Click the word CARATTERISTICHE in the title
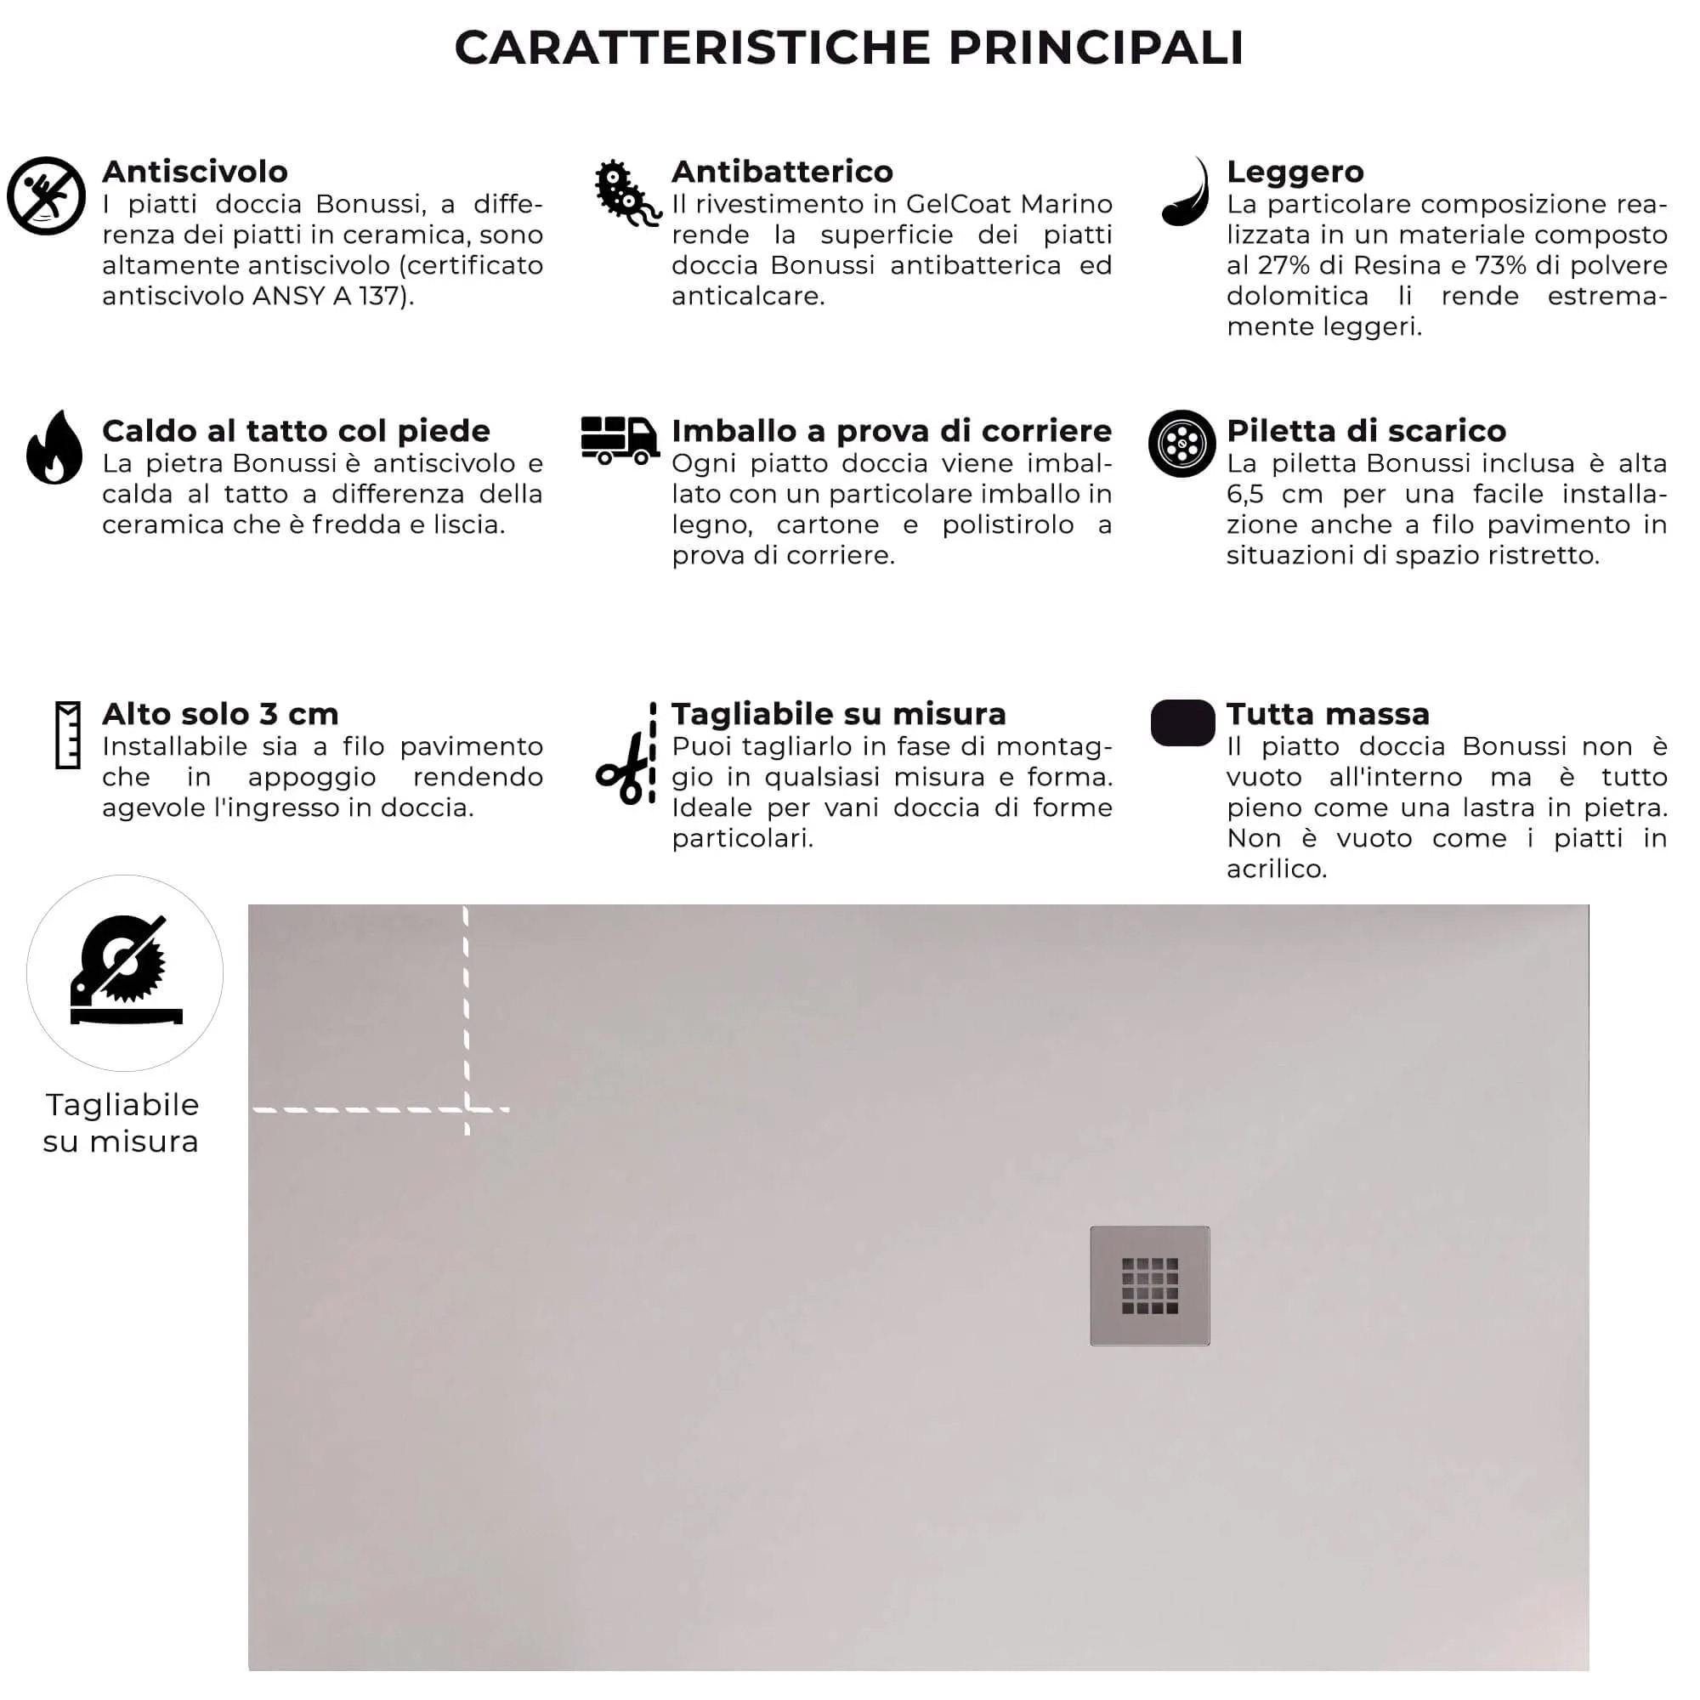pyautogui.click(x=693, y=48)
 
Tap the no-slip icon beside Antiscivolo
pyautogui.click(x=46, y=196)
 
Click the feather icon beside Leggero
pyautogui.click(x=1185, y=193)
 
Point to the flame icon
pyautogui.click(x=54, y=448)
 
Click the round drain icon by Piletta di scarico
pyautogui.click(x=1181, y=444)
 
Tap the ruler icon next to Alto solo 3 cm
pyautogui.click(x=68, y=735)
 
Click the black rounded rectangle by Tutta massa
pyautogui.click(x=1181, y=723)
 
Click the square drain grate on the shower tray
pyautogui.click(x=1149, y=1284)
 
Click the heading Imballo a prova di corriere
pyautogui.click(x=891, y=431)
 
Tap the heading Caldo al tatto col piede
pyautogui.click(x=296, y=431)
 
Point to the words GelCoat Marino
pyautogui.click(x=1008, y=204)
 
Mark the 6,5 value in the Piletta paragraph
pyautogui.click(x=1244, y=495)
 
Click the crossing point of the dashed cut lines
pyautogui.click(x=467, y=1108)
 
